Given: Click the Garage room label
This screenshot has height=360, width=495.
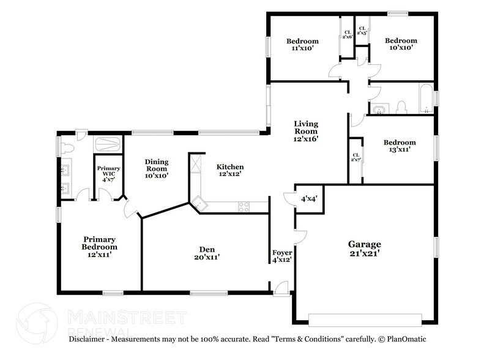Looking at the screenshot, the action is [x=365, y=249].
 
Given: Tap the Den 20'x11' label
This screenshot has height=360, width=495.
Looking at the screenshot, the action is [x=207, y=253].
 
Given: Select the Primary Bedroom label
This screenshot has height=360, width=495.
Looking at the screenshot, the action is [x=100, y=247].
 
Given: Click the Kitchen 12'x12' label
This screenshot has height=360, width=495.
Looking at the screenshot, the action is [x=230, y=170].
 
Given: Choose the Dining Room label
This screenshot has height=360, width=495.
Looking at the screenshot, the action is [x=157, y=168].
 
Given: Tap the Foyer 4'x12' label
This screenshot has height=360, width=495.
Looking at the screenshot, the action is [x=282, y=257].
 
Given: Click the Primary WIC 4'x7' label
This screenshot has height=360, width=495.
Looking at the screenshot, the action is [x=108, y=174].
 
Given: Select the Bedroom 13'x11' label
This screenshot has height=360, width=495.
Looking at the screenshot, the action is [x=400, y=146].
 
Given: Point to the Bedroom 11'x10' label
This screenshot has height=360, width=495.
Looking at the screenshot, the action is [x=302, y=45].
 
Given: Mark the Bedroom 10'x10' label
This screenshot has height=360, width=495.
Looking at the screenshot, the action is [x=401, y=44].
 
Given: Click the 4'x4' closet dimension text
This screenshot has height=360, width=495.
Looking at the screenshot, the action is [x=309, y=198].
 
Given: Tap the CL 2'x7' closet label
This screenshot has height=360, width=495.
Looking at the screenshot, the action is [x=355, y=157].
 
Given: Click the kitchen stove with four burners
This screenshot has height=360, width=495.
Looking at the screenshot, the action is [x=244, y=207].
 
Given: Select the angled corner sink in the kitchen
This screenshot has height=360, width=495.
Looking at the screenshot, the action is [x=199, y=204].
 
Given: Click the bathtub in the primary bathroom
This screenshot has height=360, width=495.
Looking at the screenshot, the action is [x=108, y=144].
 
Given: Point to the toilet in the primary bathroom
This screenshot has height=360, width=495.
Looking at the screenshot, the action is [x=67, y=148].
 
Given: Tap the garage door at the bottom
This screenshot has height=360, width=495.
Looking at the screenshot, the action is [x=365, y=320].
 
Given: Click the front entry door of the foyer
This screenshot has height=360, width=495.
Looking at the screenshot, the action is [x=281, y=288].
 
